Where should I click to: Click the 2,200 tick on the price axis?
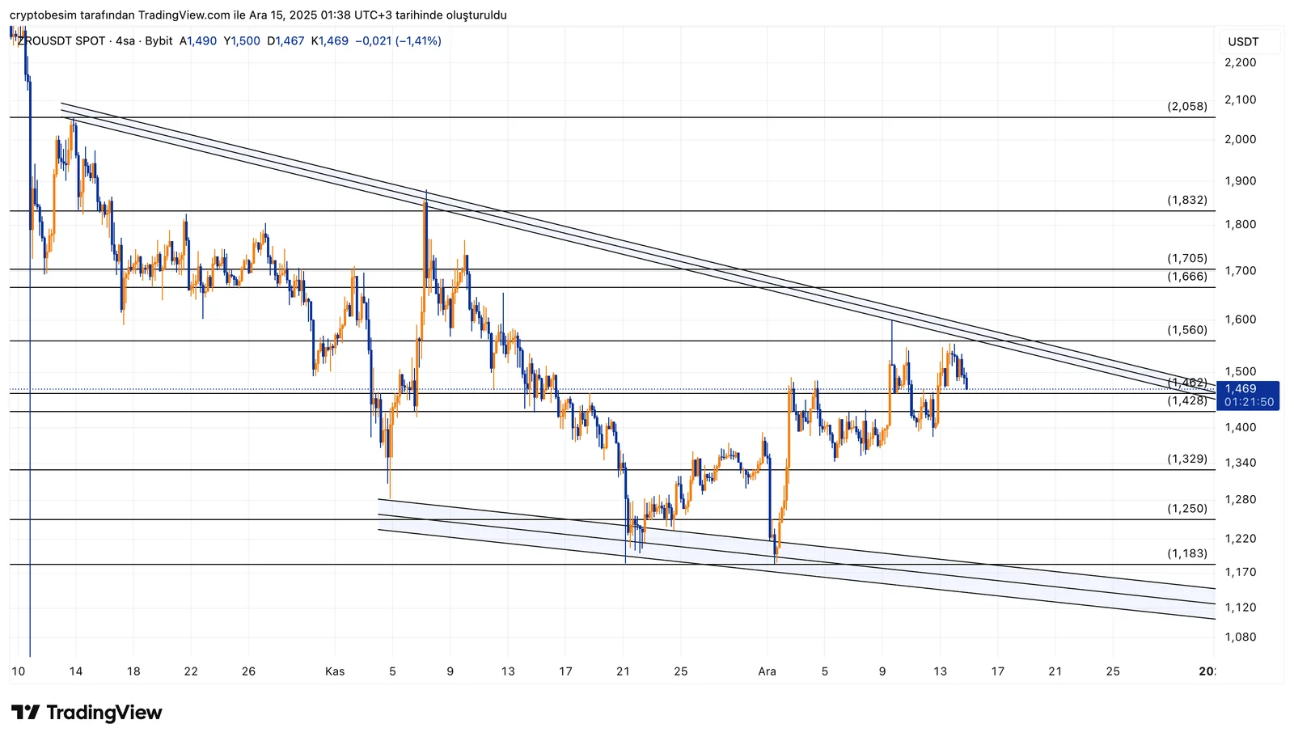1240,62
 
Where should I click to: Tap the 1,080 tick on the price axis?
1240,637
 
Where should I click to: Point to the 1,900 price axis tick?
1240,181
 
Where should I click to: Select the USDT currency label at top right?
1243,42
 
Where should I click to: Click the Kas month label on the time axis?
335,671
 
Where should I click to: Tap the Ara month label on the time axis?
767,671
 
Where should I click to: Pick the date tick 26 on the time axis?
248,671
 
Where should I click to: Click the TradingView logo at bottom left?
87,713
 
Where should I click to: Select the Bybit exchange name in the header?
159,41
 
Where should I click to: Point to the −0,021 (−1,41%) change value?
398,41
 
